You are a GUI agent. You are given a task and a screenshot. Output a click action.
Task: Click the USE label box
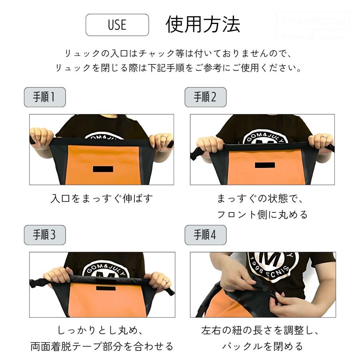(x=117, y=25)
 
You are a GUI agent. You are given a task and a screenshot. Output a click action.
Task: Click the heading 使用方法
(x=203, y=25)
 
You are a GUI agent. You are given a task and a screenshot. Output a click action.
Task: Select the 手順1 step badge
(x=45, y=97)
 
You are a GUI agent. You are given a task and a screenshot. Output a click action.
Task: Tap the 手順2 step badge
(x=205, y=97)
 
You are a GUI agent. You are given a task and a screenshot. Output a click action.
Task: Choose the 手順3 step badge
(x=45, y=235)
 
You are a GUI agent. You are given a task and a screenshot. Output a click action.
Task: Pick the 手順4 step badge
(x=205, y=235)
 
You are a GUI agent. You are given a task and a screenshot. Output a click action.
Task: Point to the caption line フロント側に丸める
(x=262, y=214)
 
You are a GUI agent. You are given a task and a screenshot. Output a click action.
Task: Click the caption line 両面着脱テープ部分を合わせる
(x=102, y=346)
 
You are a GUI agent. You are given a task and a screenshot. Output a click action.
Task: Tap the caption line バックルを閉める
(x=262, y=346)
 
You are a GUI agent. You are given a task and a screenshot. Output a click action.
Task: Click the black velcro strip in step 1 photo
(x=103, y=169)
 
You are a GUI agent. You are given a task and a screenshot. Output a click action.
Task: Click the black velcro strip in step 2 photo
(x=265, y=165)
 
